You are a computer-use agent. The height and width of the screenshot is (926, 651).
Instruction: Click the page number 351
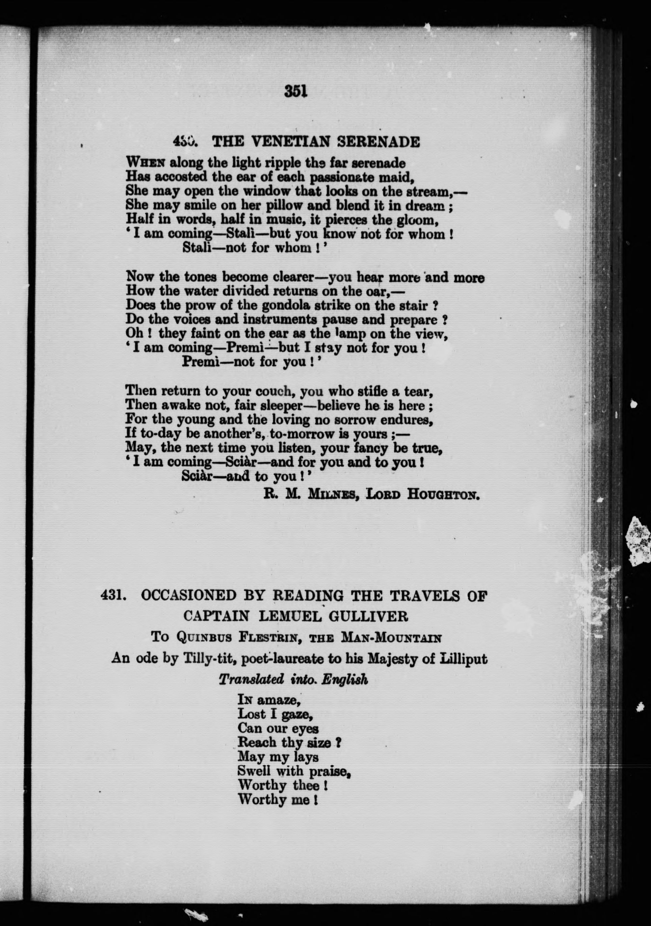coord(296,91)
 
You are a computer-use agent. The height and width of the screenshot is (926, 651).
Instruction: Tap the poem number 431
coord(112,595)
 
